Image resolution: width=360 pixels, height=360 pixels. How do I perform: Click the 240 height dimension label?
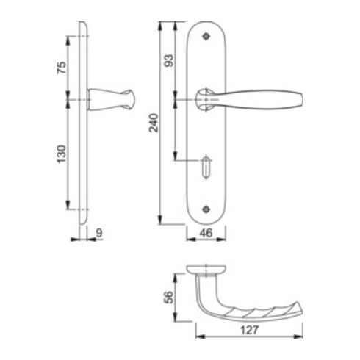click(x=154, y=123)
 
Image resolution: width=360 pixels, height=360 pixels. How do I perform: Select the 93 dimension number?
click(x=168, y=60)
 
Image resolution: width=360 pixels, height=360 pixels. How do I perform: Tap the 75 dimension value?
click(x=62, y=68)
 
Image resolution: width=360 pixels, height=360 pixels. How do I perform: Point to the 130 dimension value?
click(x=62, y=154)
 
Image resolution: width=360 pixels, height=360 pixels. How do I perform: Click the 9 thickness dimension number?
click(x=99, y=233)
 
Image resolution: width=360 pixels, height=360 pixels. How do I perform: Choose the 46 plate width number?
click(x=206, y=233)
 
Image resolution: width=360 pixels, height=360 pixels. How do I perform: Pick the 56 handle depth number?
click(x=168, y=298)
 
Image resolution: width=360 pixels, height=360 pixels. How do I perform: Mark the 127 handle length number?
click(x=249, y=330)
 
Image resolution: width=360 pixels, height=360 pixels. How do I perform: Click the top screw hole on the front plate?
click(x=206, y=37)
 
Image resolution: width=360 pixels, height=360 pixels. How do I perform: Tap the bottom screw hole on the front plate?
click(x=206, y=209)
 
